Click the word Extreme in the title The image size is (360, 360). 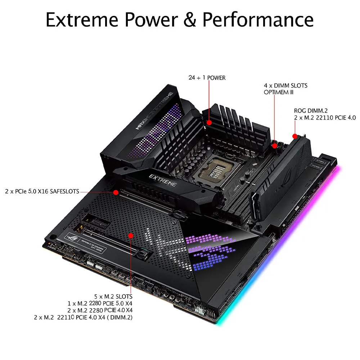[x=82, y=20]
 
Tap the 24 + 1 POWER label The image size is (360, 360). [x=207, y=78]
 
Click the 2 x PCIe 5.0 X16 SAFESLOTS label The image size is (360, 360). [x=42, y=191]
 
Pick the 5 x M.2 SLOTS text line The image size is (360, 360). [x=113, y=296]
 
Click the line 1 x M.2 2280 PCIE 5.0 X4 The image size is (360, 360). [x=100, y=303]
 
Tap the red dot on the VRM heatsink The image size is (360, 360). [x=209, y=122]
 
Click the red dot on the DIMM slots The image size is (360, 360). [x=275, y=146]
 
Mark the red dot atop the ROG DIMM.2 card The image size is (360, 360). [x=295, y=136]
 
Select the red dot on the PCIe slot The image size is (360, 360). [x=116, y=192]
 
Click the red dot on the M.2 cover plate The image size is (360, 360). [x=131, y=236]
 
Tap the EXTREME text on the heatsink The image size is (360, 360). [x=163, y=180]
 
